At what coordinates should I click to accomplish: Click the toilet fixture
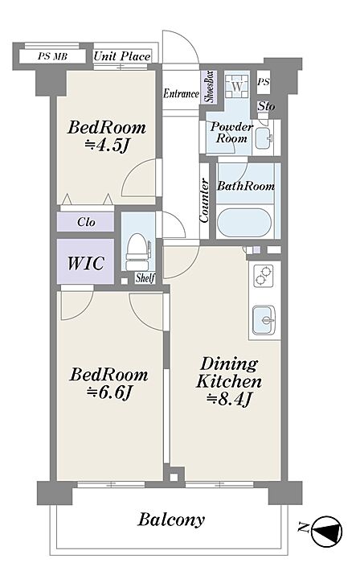coord(137,251)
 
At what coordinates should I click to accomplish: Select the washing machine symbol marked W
coord(237,87)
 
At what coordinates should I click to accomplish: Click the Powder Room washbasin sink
coord(264,138)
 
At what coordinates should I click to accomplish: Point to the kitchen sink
coord(264,320)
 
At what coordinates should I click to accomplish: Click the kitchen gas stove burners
coord(264,275)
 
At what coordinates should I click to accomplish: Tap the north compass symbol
coord(327,532)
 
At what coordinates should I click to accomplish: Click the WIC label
coord(86,263)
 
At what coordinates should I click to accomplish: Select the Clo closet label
coord(86,222)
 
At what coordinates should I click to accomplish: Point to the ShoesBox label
coord(211,87)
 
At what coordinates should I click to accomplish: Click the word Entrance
coord(181,93)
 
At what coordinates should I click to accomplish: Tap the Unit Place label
coord(122,56)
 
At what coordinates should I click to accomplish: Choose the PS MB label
coord(52,57)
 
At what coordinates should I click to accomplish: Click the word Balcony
coord(170,520)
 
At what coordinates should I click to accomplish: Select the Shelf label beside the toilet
coord(145,277)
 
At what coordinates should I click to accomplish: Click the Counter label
coord(204,200)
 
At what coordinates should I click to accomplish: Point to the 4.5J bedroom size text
coord(106,146)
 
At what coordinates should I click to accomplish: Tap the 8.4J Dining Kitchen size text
coord(229,400)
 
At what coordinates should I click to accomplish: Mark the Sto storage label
coord(267,106)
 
